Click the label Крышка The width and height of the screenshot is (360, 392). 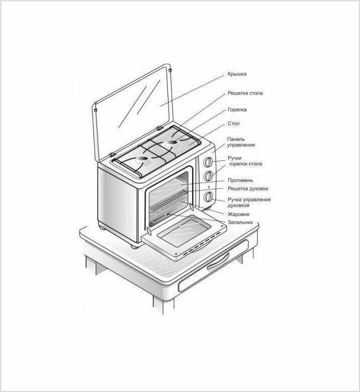point(237,74)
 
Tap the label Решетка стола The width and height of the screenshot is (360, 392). point(245,93)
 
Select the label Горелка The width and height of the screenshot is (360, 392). point(237,110)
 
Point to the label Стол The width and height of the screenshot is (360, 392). point(233,124)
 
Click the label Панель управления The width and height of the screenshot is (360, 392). point(241,142)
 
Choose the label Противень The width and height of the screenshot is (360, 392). point(240,180)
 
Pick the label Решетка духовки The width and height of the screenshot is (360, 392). point(248,188)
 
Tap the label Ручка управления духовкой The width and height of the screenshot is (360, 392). point(249,203)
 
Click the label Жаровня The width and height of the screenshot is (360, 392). point(238,214)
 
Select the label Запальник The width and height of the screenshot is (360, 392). point(240,222)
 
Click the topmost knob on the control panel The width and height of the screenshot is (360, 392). point(208,162)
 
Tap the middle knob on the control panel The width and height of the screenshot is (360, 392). point(208,176)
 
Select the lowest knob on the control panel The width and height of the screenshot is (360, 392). point(208,197)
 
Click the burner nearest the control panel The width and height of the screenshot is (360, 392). point(171,142)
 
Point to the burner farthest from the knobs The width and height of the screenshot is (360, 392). point(142,160)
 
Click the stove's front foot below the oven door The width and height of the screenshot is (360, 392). point(135,245)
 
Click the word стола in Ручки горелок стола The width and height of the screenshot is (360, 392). point(256,164)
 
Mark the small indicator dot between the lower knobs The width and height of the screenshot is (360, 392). point(209,187)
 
